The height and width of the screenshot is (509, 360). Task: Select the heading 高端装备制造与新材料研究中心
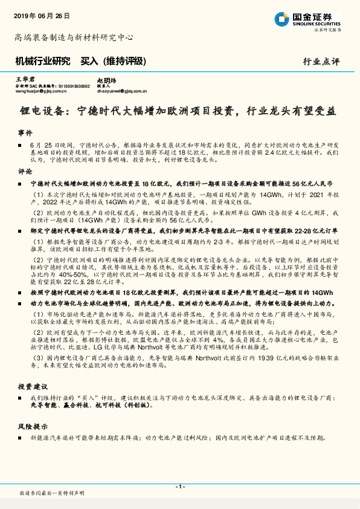point(74,37)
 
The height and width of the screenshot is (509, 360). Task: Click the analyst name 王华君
point(22,79)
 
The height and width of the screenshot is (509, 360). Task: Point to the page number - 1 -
point(179,487)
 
